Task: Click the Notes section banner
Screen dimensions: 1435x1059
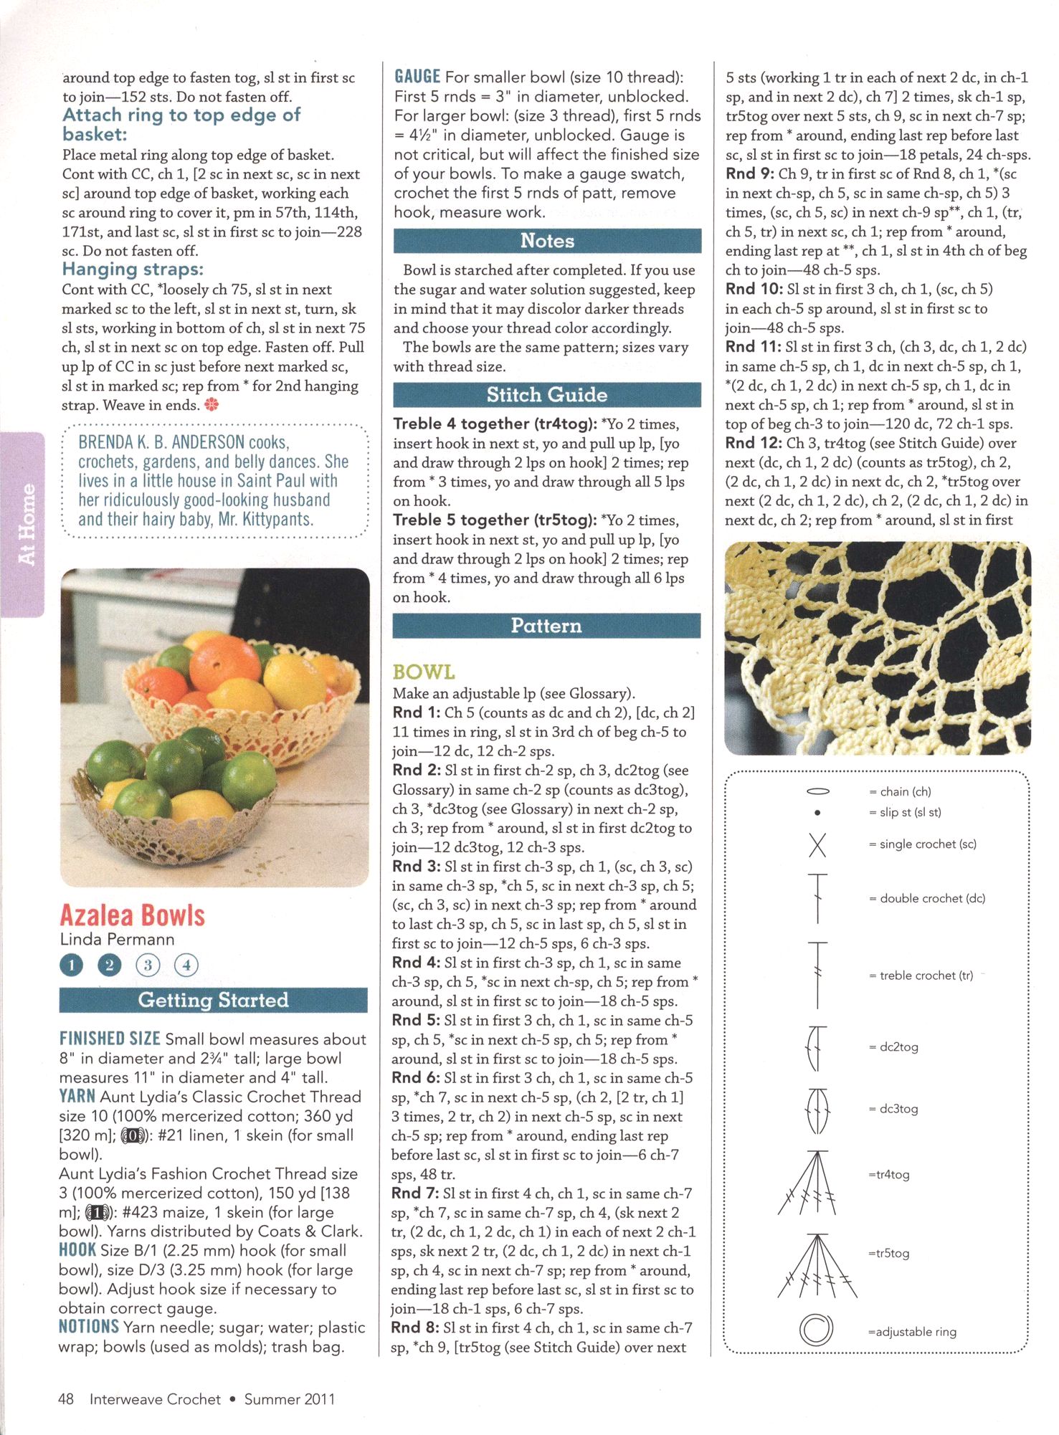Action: pos(547,241)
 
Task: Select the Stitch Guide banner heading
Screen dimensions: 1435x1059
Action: pos(546,395)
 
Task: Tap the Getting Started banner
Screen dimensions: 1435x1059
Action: pos(213,1000)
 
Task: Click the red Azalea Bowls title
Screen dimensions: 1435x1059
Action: pos(133,915)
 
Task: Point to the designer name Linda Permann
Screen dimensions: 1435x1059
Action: pos(117,939)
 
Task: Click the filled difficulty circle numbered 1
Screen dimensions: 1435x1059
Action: pos(72,966)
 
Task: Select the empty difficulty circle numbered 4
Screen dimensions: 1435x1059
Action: pos(186,966)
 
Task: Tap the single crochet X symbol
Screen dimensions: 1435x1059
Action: pos(817,845)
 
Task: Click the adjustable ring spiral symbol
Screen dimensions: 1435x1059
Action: pos(817,1330)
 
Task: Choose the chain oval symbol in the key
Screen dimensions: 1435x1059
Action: pos(818,791)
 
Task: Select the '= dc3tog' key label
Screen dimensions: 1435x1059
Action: pos(893,1109)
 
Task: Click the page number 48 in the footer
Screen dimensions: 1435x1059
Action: pos(66,1398)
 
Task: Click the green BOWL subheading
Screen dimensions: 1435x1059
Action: pos(424,672)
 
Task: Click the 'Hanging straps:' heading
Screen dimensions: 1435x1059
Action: pos(133,270)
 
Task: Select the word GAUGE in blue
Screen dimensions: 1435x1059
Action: pos(417,77)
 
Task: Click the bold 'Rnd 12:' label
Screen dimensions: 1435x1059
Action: pos(753,443)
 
